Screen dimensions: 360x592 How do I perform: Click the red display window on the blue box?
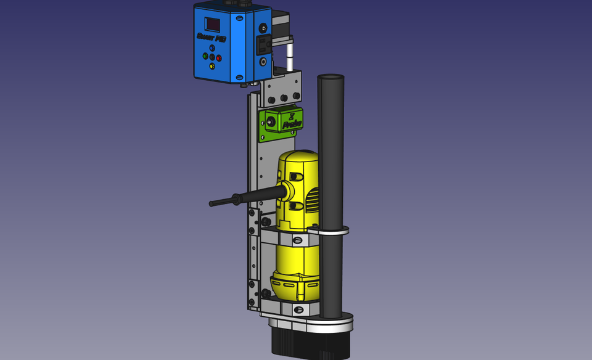point(213,24)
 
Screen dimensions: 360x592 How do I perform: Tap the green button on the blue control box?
point(205,55)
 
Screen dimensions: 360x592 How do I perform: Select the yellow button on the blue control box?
point(212,66)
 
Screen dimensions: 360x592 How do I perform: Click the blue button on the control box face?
point(212,47)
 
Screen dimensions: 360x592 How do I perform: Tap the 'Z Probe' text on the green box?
point(292,120)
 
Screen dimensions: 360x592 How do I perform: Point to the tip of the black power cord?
point(212,203)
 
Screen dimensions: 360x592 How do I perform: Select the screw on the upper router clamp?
point(298,240)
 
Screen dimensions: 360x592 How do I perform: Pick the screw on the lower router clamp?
point(298,309)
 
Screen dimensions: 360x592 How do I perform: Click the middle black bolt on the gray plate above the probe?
point(284,98)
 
